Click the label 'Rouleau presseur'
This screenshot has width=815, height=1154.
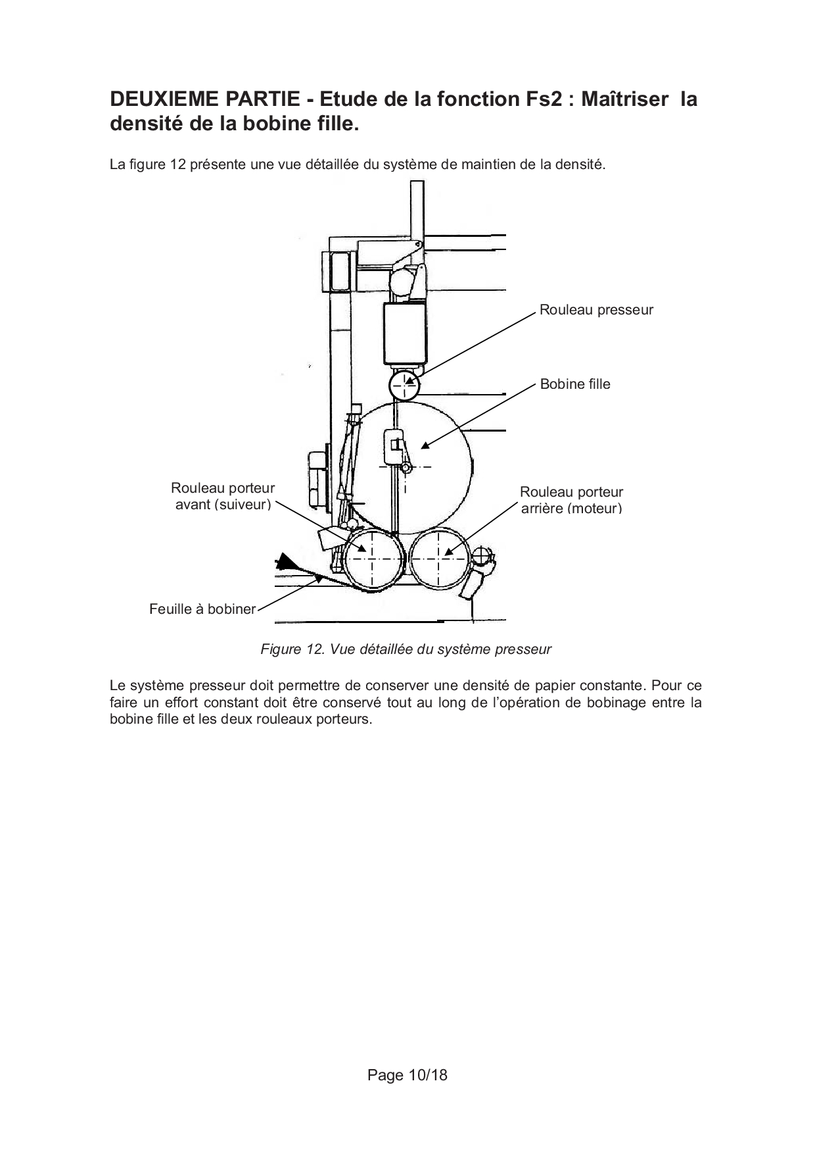(596, 310)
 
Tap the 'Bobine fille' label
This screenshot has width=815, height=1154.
(575, 384)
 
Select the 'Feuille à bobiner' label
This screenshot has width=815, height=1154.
(202, 609)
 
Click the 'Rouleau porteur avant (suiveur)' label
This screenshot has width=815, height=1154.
(223, 497)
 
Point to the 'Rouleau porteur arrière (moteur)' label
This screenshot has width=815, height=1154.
(571, 500)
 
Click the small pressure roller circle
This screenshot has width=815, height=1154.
(405, 386)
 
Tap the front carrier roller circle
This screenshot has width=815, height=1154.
(372, 559)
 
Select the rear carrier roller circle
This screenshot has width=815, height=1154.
(439, 559)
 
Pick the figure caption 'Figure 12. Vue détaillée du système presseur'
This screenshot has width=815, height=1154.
(406, 650)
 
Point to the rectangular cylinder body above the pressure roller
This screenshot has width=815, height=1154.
(406, 333)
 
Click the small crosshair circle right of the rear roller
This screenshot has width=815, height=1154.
(483, 557)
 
